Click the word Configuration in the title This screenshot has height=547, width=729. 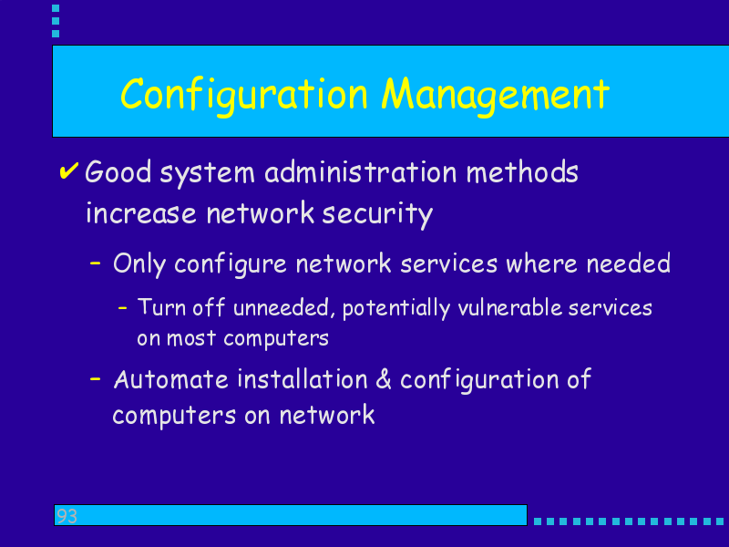(x=244, y=96)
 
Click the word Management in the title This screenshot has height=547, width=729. (x=495, y=96)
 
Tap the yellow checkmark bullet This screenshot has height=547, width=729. (x=69, y=170)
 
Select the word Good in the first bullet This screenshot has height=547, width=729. (x=118, y=172)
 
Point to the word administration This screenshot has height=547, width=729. (x=361, y=172)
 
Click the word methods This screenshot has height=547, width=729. (x=522, y=172)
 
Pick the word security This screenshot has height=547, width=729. (x=377, y=214)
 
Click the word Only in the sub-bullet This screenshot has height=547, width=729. (x=139, y=264)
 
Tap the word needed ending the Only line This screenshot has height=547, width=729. (x=628, y=263)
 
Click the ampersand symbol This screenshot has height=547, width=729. (x=384, y=379)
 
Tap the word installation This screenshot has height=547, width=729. (x=303, y=379)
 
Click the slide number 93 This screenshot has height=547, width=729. (x=67, y=516)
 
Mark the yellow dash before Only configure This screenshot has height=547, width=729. (x=96, y=263)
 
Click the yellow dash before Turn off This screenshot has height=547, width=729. (x=123, y=307)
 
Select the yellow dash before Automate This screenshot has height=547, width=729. (x=96, y=379)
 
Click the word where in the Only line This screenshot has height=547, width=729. (x=541, y=263)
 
